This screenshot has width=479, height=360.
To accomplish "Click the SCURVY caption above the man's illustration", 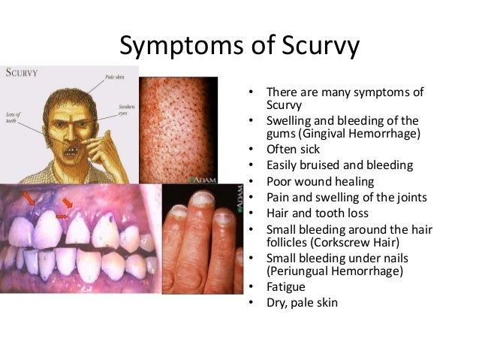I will click(22, 74).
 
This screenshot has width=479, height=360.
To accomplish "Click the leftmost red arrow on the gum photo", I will click(28, 198).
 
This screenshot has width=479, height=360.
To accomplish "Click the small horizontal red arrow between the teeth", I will click(62, 216).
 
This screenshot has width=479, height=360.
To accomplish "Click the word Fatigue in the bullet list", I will click(287, 286).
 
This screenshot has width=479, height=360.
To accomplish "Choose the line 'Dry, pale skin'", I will click(303, 302).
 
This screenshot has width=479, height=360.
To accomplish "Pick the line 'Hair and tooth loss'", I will click(318, 213).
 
